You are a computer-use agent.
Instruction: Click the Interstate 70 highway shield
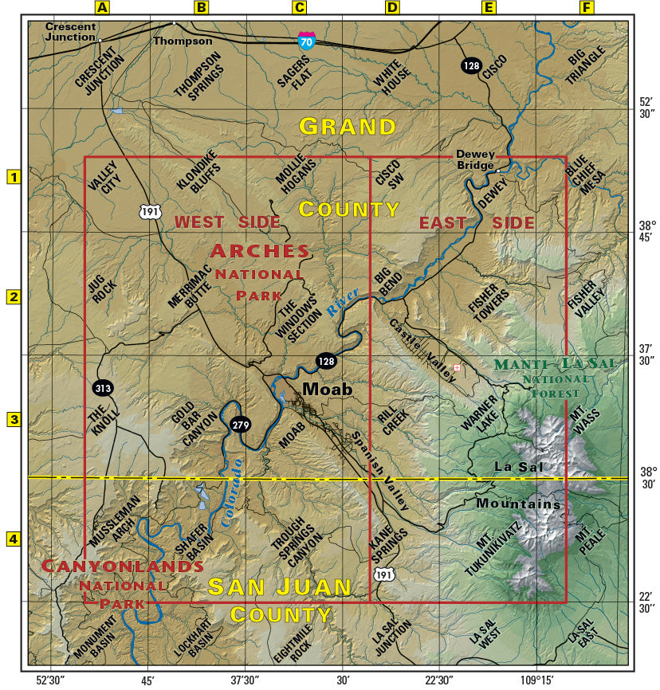pyautogui.click(x=306, y=39)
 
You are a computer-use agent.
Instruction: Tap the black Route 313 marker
pyautogui.click(x=103, y=388)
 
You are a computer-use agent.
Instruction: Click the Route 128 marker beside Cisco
pyautogui.click(x=470, y=66)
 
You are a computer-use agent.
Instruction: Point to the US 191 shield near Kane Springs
pyautogui.click(x=383, y=574)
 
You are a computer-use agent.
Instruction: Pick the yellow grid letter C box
pyautogui.click(x=299, y=8)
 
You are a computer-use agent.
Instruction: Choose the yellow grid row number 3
pyautogui.click(x=13, y=419)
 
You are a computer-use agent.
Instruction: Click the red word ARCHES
pyautogui.click(x=260, y=251)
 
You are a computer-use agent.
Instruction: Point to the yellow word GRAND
pyautogui.click(x=348, y=127)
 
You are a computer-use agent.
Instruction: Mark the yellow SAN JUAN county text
pyautogui.click(x=280, y=587)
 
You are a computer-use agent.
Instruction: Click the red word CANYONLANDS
pyautogui.click(x=122, y=567)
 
